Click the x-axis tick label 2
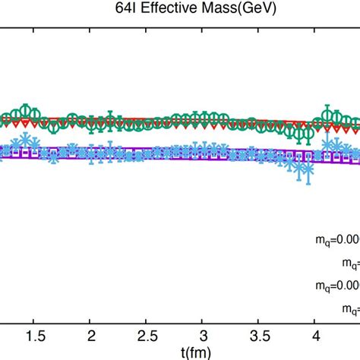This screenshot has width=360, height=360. point(90,336)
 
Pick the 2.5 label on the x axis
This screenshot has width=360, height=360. point(146,336)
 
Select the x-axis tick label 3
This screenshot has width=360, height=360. point(202,336)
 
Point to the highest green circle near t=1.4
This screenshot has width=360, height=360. point(28,109)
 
